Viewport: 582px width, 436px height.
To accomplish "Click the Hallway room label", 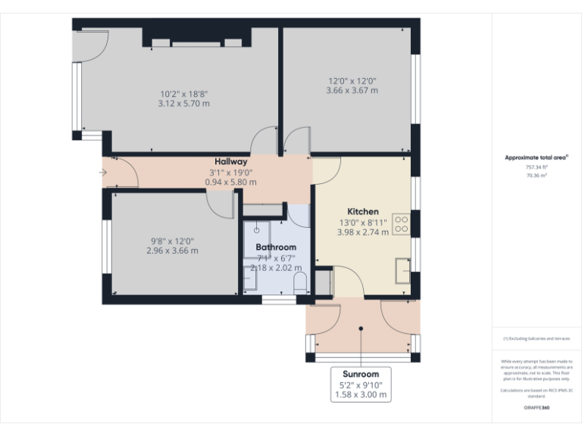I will pos(230,161).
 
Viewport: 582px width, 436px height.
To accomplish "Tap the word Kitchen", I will pos(363,211).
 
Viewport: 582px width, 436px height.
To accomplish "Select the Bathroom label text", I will pos(276,247).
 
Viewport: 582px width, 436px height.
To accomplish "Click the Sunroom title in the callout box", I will pos(361,374).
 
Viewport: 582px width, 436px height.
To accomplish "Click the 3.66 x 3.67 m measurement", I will pos(352,90).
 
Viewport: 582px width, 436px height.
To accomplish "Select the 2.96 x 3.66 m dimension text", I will pos(172,251).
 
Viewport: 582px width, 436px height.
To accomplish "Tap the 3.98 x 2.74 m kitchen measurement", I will pos(363,232).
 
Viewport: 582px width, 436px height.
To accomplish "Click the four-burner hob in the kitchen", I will pos(402,224).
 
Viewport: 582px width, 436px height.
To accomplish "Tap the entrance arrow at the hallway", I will pos(103,173).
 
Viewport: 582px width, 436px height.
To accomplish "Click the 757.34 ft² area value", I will pos(537,167).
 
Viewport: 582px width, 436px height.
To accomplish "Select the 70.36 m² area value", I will pos(537,175).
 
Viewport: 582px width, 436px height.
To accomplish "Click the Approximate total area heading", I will pos(537,157).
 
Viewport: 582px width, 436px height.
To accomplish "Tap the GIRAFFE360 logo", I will pos(537,408).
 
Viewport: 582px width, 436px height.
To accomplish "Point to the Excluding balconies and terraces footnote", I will pos(537,338).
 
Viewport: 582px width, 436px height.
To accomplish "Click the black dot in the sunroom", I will pos(361,329).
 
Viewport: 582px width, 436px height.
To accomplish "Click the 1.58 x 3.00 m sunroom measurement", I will pos(361,394).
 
